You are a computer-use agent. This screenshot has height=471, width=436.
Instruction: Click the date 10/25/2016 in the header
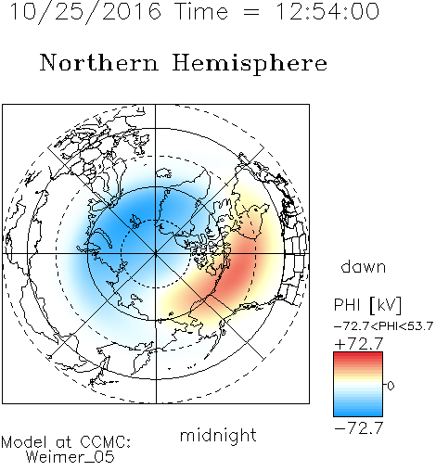(85, 12)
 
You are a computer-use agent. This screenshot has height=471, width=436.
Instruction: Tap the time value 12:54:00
(327, 11)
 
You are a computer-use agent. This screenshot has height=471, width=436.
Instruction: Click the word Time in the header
(201, 11)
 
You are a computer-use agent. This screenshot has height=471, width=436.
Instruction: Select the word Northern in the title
(99, 62)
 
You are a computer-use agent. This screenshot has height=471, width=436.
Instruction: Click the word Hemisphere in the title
(250, 63)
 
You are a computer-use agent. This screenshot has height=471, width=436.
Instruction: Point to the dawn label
(364, 267)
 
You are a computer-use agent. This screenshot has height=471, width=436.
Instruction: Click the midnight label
(218, 436)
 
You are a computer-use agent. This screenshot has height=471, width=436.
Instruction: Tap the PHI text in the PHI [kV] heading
(348, 305)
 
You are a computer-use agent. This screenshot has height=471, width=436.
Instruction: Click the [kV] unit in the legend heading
(386, 305)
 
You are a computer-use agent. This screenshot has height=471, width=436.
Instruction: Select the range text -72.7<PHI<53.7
(383, 326)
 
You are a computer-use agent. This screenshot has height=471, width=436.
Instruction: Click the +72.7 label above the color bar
(359, 344)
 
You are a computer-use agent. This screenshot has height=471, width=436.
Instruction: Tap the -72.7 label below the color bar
(359, 428)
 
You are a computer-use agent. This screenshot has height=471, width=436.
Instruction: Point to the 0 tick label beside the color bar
(391, 386)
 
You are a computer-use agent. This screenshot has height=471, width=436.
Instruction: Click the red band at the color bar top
(358, 355)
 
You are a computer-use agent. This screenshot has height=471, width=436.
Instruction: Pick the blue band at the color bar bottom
(358, 413)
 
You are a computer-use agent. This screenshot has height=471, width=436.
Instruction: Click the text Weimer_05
(71, 457)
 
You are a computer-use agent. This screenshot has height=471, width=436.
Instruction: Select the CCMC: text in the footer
(105, 442)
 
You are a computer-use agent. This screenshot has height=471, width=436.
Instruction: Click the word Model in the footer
(25, 442)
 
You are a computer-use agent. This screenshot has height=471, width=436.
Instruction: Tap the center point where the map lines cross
(156, 253)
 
